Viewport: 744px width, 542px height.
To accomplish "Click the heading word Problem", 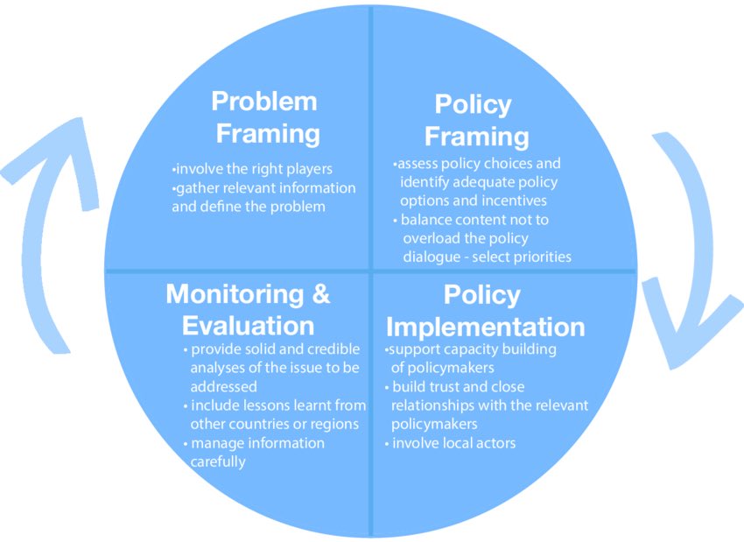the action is [x=264, y=102].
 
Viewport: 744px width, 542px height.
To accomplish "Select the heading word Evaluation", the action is [x=248, y=326].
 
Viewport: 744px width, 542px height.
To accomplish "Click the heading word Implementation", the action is [x=485, y=327].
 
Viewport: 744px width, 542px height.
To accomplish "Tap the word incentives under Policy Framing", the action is [x=510, y=201].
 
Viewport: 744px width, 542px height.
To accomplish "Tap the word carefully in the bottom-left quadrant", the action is [x=218, y=461].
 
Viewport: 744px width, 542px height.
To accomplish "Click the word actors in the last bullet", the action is [x=494, y=443].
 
